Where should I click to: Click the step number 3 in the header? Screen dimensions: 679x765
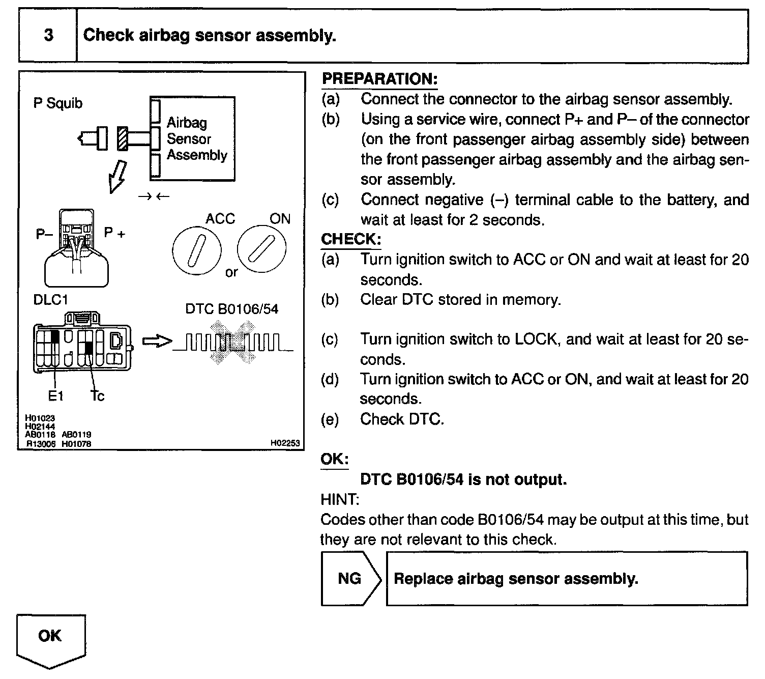coord(48,35)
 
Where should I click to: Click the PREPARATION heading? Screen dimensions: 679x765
coord(379,79)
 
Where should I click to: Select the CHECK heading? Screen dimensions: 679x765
coord(350,239)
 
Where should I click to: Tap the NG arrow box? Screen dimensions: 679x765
coord(350,578)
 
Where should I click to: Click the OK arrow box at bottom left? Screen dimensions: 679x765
coord(50,638)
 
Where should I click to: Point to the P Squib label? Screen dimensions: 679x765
coord(57,103)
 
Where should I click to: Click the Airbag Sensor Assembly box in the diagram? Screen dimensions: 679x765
coord(193,138)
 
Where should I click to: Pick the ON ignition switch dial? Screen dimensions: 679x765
coord(262,248)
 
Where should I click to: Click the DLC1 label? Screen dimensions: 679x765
coord(50,300)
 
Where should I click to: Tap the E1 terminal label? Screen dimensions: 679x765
coord(56,395)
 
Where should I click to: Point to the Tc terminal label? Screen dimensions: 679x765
coord(97,395)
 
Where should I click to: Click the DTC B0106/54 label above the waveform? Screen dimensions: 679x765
coord(231,309)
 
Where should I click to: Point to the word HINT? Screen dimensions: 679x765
coord(339,499)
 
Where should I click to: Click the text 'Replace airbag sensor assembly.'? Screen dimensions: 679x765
coord(516,579)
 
